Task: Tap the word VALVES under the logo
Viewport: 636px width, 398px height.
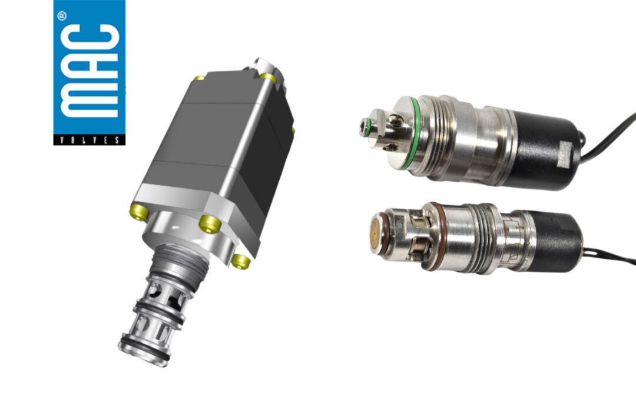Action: pyautogui.click(x=89, y=140)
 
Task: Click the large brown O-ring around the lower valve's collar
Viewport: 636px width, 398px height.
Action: pyautogui.click(x=433, y=236)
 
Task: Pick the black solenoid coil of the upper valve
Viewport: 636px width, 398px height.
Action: pyautogui.click(x=548, y=147)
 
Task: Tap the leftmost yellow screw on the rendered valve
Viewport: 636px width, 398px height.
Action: pyautogui.click(x=137, y=209)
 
